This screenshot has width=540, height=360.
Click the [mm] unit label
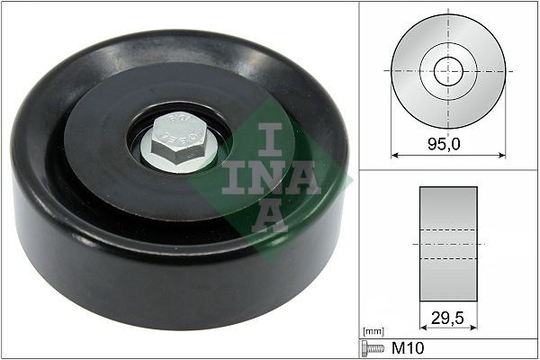tap(370, 332)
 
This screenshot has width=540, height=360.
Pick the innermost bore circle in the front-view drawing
tap(448, 71)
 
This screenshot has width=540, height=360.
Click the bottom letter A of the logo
tap(269, 217)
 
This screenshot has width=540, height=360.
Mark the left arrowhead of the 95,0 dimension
tap(394, 154)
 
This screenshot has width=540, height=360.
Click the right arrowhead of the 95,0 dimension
tap(501, 154)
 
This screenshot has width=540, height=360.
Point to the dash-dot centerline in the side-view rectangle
tap(448, 244)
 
